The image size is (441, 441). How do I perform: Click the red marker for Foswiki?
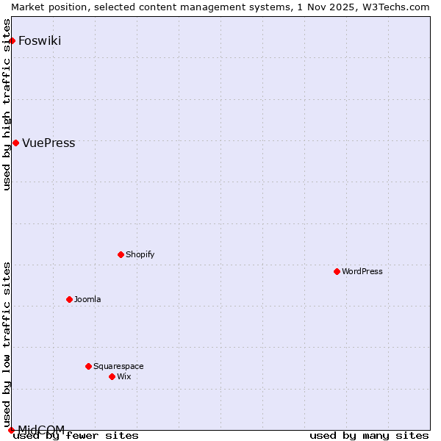coord(12,40)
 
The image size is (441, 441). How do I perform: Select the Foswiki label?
coord(40,40)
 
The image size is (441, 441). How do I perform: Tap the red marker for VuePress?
coord(15,143)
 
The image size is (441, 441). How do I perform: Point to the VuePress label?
coord(49,143)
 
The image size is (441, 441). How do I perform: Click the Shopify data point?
coord(121,255)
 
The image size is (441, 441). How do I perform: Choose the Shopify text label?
coord(140,255)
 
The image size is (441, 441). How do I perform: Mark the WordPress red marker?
coord(337,271)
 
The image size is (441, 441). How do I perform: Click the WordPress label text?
coord(362,271)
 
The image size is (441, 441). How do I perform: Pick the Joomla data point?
coord(69,299)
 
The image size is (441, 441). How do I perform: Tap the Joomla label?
coord(87,299)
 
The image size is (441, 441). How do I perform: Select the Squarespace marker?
coord(88,366)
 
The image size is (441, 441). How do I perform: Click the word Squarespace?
coord(118,366)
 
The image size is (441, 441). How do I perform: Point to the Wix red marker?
coord(112,376)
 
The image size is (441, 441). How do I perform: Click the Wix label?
coord(123,376)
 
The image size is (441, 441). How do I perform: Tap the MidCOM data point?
coord(11,430)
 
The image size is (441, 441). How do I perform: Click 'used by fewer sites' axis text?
coord(76,436)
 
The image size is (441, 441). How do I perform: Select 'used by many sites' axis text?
coord(368,436)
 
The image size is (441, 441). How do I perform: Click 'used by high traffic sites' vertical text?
coord(7,104)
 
